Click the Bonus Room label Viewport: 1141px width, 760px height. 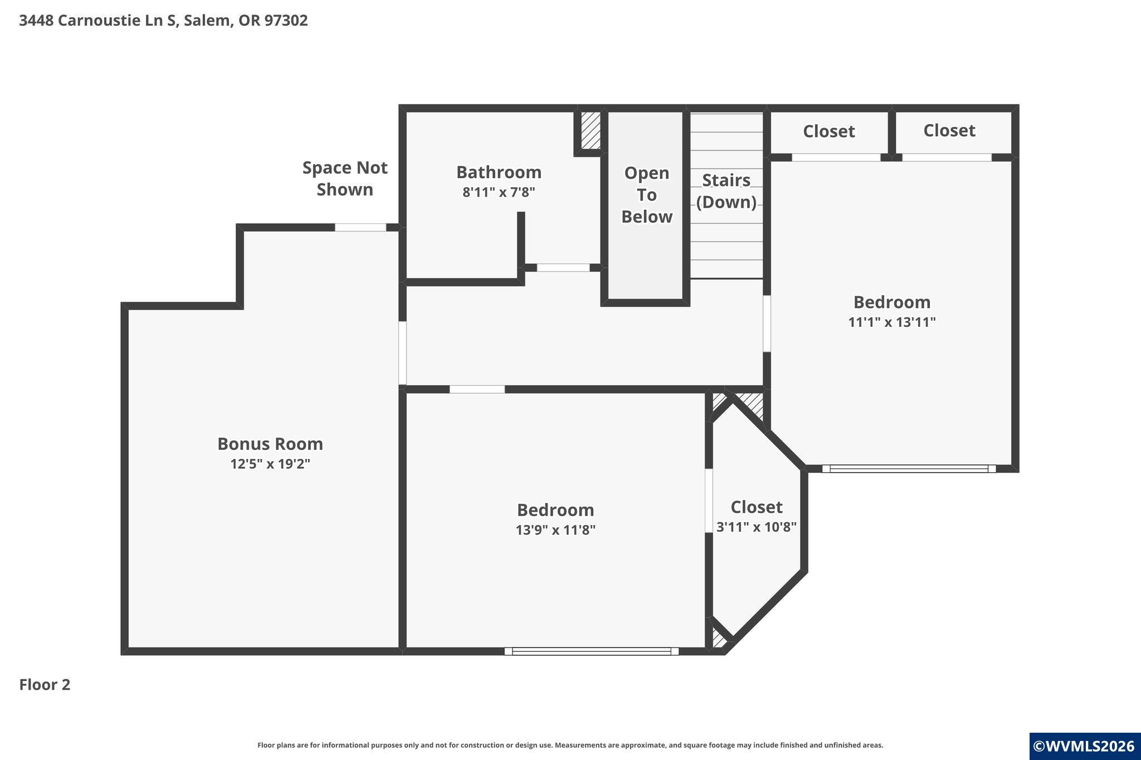click(270, 444)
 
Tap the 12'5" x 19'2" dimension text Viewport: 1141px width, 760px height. click(270, 464)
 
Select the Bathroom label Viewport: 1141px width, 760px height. click(499, 172)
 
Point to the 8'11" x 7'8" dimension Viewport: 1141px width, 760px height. click(499, 193)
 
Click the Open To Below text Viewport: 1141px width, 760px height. click(647, 194)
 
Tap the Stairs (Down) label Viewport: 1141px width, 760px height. click(726, 191)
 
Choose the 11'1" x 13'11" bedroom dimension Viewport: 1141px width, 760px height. click(892, 322)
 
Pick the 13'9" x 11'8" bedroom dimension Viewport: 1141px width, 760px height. click(555, 529)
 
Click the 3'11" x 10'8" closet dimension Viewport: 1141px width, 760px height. click(757, 527)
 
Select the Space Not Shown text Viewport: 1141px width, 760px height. click(345, 178)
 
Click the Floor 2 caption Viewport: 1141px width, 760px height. click(45, 684)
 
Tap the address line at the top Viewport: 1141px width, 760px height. click(163, 21)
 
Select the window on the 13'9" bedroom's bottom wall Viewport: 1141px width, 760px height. click(592, 651)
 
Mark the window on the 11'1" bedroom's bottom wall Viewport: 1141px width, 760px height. click(909, 469)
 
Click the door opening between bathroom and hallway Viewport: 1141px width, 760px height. click(563, 268)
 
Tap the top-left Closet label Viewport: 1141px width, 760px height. click(829, 131)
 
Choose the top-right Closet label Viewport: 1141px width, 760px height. click(949, 130)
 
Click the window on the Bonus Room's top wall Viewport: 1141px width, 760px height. click(360, 227)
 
